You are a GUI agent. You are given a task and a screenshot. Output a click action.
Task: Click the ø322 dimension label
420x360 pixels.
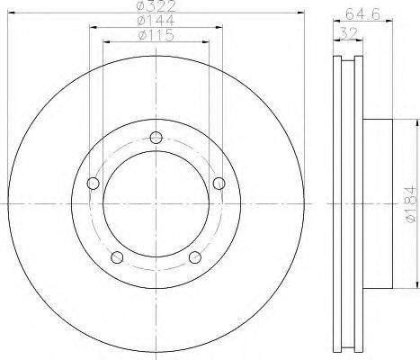tap(156, 6)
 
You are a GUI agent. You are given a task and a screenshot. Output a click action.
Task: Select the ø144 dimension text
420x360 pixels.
tap(156, 21)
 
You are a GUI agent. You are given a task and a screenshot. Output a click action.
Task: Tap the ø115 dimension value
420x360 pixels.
tap(156, 35)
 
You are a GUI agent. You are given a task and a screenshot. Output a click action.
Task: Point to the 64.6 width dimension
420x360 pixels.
tap(363, 13)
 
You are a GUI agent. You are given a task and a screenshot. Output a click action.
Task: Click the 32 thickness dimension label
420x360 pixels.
tap(348, 32)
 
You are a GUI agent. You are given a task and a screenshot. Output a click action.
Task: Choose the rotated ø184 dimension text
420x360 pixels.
tap(410, 204)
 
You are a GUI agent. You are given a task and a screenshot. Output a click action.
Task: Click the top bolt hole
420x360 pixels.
tap(156, 138)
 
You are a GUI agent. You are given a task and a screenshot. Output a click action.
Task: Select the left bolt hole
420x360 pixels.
tap(93, 184)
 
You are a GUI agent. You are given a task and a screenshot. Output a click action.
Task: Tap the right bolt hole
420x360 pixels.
tap(219, 184)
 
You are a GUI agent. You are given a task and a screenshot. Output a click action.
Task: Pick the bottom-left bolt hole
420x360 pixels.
tap(117, 257)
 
